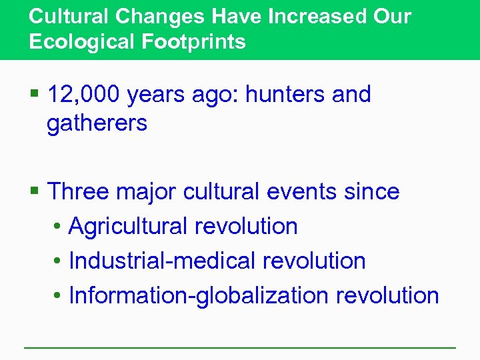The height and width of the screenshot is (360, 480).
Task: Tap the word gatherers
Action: tap(97, 123)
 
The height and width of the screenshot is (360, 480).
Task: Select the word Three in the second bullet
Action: tap(79, 192)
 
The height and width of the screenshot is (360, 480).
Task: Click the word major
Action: tap(145, 192)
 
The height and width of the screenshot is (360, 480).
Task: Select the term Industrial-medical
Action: tap(162, 261)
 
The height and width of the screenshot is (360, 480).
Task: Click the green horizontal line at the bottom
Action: tap(240, 347)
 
